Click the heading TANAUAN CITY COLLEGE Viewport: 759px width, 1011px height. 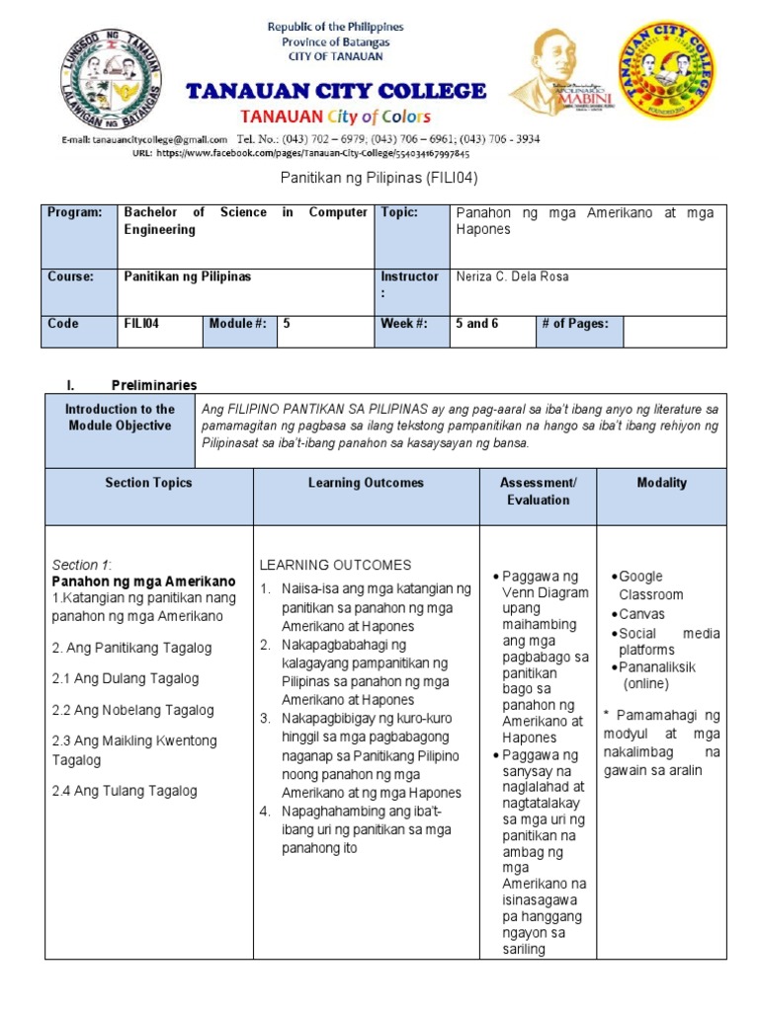pos(336,92)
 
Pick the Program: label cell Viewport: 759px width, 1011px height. pos(75,212)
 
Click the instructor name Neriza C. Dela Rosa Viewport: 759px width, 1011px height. pos(511,276)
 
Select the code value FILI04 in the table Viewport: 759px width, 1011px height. pos(138,323)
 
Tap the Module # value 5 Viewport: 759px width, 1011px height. pos(287,323)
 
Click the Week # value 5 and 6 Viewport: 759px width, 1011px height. pos(476,323)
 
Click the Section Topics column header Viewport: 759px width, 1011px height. pos(148,483)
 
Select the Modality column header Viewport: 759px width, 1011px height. pos(661,483)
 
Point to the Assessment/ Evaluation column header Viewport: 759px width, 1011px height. pos(538,491)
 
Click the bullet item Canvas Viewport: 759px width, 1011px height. pos(641,614)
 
